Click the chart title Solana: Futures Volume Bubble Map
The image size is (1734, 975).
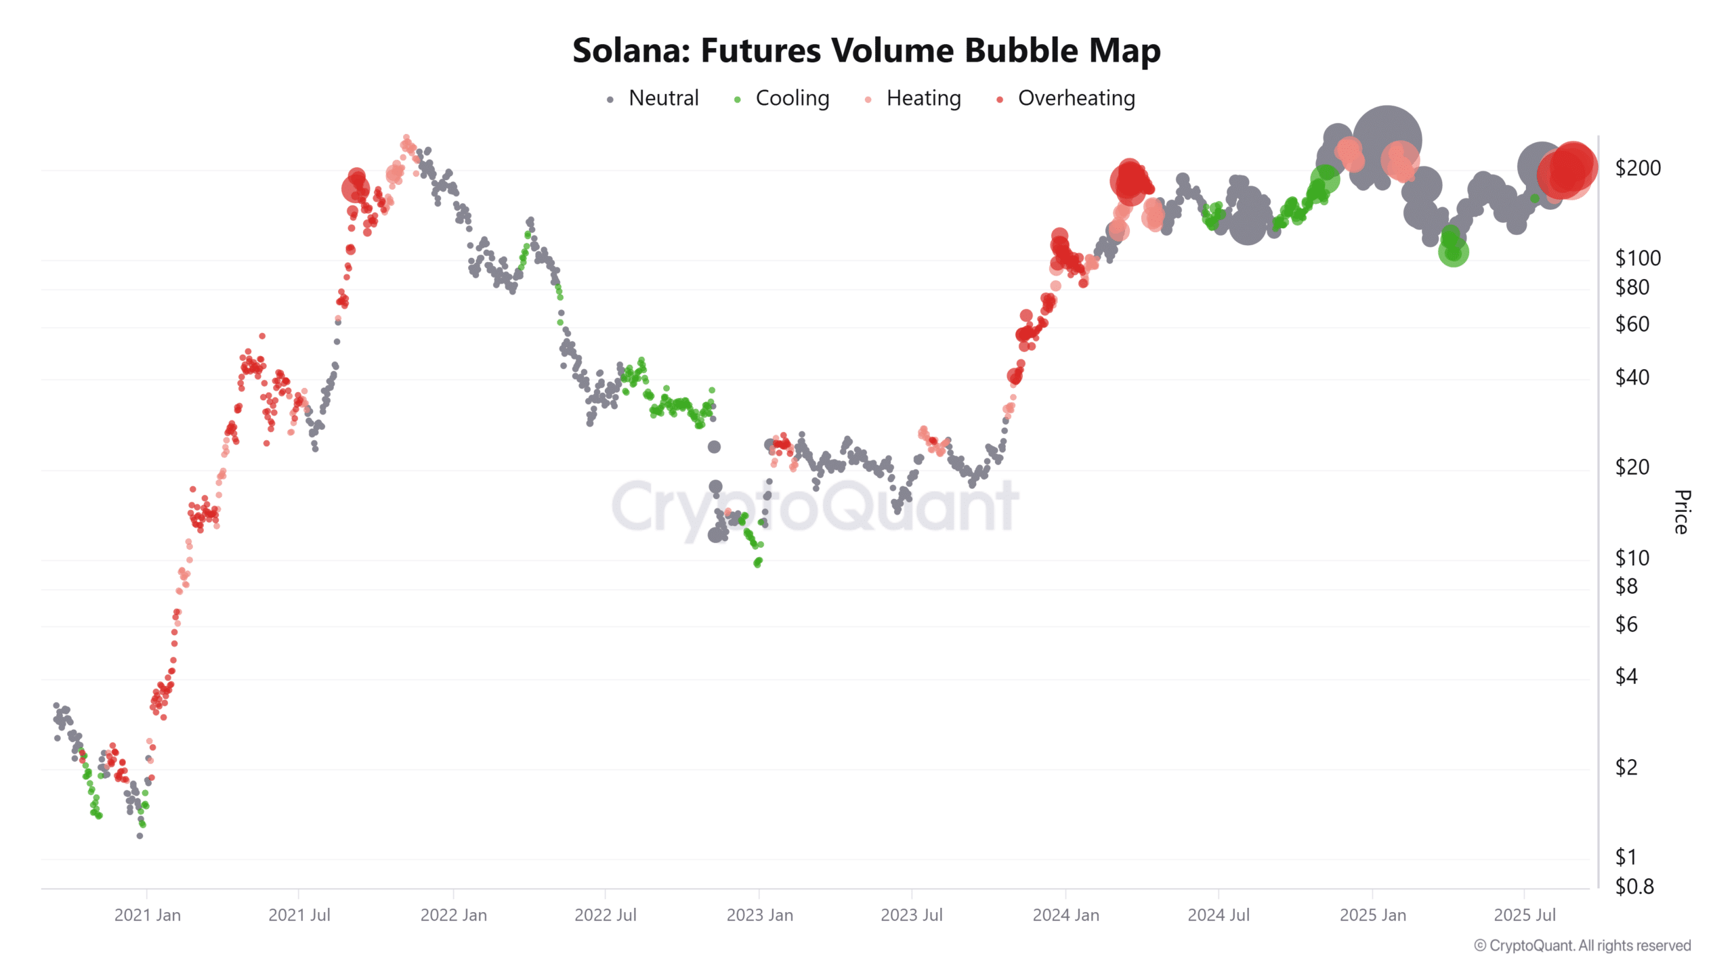pos(866,51)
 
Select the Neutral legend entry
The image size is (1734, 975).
pos(662,98)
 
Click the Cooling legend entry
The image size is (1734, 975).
pos(791,98)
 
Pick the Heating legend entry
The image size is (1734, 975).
pos(923,98)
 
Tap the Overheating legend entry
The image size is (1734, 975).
pos(1076,98)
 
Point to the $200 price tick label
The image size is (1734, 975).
pos(1637,168)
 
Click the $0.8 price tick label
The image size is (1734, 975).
pos(1634,886)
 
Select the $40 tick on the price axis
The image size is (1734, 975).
pos(1632,377)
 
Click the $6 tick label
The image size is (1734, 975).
pos(1626,624)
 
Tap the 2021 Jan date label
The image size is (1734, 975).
pos(147,915)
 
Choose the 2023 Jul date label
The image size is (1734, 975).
pos(911,915)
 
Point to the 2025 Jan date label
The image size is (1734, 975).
pos(1372,915)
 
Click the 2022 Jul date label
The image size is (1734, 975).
pos(605,915)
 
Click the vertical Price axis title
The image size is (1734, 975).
pos(1682,512)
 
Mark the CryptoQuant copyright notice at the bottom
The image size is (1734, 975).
pos(1582,946)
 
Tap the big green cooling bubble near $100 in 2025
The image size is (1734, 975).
pos(1453,252)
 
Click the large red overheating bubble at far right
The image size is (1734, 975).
pos(1569,169)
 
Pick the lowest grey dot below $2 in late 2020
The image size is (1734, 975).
pos(140,836)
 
